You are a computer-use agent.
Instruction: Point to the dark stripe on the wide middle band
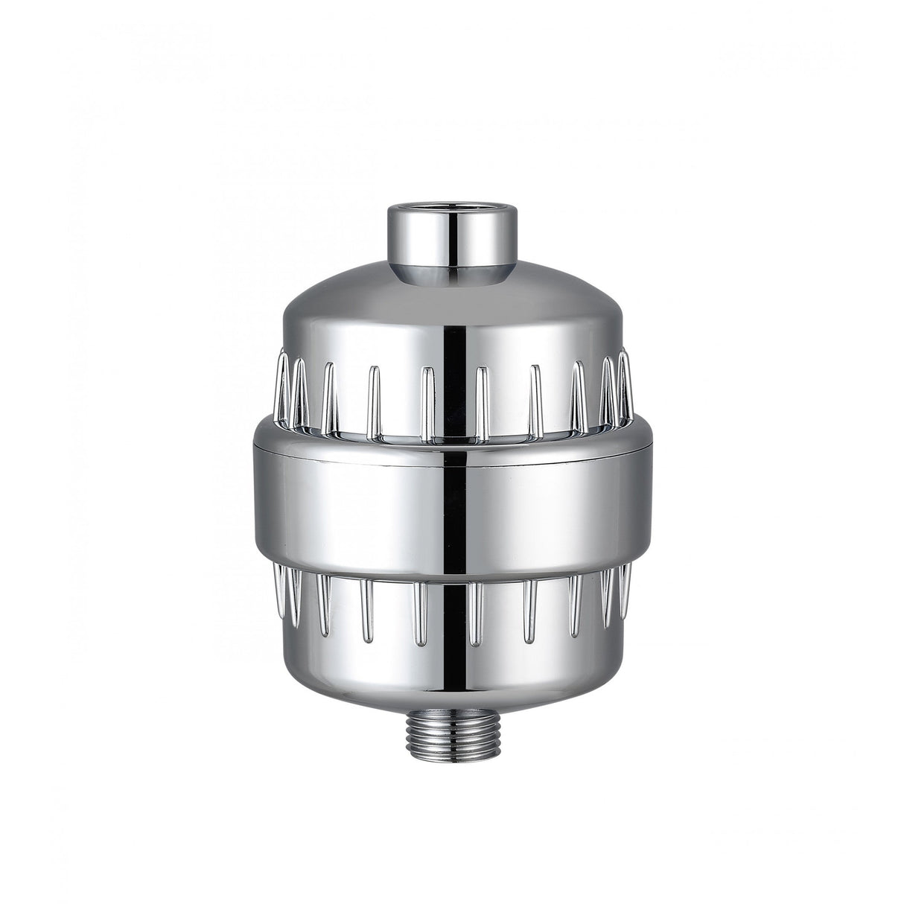click(x=452, y=506)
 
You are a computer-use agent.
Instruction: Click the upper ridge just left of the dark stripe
click(x=427, y=402)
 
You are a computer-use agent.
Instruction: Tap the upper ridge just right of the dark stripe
click(x=480, y=402)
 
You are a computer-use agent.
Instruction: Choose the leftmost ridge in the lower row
click(x=280, y=588)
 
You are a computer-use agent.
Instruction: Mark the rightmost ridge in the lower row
click(x=626, y=588)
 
